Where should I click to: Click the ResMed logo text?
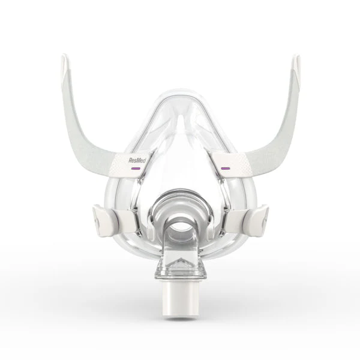pyautogui.click(x=137, y=160)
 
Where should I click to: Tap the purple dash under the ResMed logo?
pyautogui.click(x=135, y=168)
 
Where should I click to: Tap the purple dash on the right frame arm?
pyautogui.click(x=226, y=168)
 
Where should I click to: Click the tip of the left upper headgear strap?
pyautogui.click(x=64, y=56)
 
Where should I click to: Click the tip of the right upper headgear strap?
pyautogui.click(x=296, y=56)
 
